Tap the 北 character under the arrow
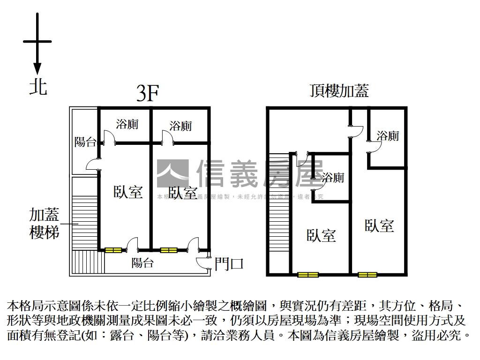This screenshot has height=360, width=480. [x=38, y=87]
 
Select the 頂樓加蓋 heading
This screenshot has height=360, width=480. [x=339, y=90]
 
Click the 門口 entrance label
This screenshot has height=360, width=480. [x=229, y=264]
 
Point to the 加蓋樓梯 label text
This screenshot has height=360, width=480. [x=45, y=224]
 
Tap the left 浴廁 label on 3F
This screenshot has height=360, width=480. [x=127, y=124]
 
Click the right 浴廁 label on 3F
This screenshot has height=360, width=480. [x=180, y=126]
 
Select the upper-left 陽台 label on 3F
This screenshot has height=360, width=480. [x=85, y=142]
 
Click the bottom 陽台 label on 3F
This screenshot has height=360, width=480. [x=142, y=263]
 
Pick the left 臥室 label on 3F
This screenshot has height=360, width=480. [x=128, y=192]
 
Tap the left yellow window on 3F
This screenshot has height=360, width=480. [x=112, y=250]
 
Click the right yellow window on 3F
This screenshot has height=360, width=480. [x=168, y=250]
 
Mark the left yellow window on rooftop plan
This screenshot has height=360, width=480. [x=307, y=275]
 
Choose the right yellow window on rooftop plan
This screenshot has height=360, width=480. [x=367, y=275]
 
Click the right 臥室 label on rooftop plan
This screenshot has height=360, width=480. [x=379, y=225]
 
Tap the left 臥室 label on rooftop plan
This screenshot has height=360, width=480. [x=322, y=235]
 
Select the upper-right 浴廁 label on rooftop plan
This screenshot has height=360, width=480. [x=388, y=136]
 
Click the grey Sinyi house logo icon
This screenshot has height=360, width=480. [x=172, y=173]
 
